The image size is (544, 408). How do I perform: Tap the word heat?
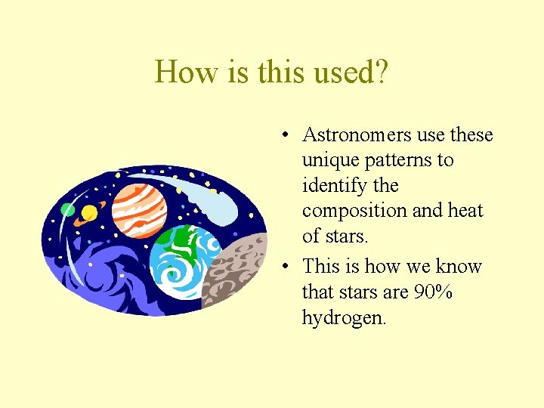[x=465, y=211]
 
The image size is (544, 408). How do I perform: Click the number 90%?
[x=434, y=292]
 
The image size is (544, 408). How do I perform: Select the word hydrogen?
[x=344, y=318]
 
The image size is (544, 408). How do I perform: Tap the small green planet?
[x=68, y=210]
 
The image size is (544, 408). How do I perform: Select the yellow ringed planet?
[x=89, y=212]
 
